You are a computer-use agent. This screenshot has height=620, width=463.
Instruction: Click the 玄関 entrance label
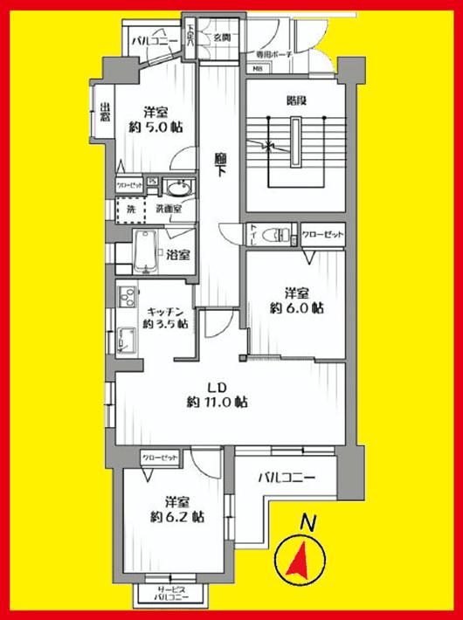(220, 38)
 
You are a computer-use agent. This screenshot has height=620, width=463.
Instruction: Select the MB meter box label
(259, 70)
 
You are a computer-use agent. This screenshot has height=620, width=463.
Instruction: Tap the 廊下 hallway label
(222, 165)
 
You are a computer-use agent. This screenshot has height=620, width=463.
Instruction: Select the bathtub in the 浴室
(146, 252)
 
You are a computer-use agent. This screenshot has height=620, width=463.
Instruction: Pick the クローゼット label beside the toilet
(324, 236)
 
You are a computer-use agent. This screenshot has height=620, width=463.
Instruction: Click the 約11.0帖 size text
(217, 403)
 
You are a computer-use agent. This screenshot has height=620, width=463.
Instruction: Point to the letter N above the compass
(307, 522)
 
